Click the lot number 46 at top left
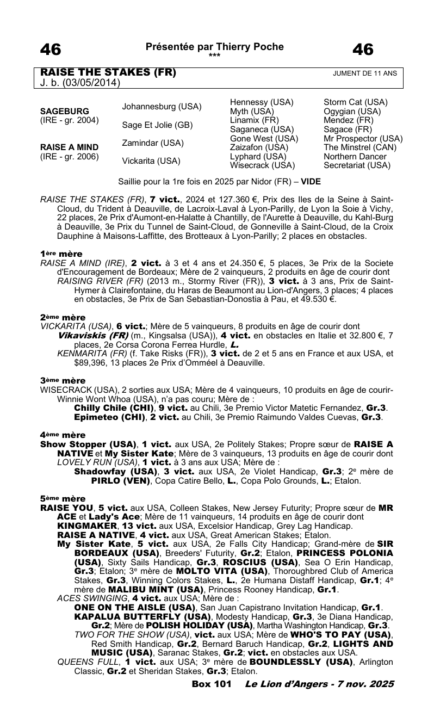[51, 50]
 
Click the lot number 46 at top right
[363, 50]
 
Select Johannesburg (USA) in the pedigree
[162, 106]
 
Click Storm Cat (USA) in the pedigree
[355, 102]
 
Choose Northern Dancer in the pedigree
[355, 157]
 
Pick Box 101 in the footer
[212, 684]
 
